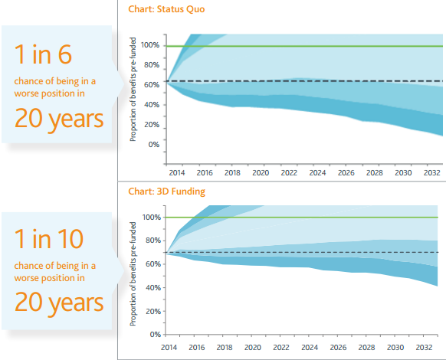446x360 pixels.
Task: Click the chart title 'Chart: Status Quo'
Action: tap(166, 9)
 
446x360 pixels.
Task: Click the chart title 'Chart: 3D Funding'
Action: tap(167, 191)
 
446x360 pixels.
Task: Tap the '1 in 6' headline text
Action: tap(43, 54)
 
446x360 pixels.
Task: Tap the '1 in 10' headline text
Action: tap(48, 238)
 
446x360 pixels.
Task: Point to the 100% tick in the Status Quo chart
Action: tap(150, 45)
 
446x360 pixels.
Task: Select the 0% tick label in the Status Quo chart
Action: tap(153, 145)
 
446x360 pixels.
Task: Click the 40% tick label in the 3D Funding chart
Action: tap(153, 287)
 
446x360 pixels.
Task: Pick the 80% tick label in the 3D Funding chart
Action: tap(153, 241)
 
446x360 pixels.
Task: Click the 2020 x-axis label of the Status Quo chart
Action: tap(261, 172)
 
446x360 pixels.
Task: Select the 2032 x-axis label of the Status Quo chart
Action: tap(432, 172)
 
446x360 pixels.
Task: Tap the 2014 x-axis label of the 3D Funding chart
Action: tap(169, 347)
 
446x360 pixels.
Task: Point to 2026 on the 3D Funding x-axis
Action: tap(338, 347)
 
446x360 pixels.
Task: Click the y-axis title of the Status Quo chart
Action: tap(133, 90)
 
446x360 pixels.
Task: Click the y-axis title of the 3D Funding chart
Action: tap(133, 274)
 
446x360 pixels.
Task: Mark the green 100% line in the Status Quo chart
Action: tap(305, 46)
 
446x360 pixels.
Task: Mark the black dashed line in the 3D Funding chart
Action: tap(301, 252)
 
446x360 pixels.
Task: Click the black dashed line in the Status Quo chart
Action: tap(305, 81)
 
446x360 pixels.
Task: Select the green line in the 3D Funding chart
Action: tap(301, 218)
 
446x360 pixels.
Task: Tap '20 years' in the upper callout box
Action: tap(59, 119)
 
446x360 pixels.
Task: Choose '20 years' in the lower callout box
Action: tap(59, 303)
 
